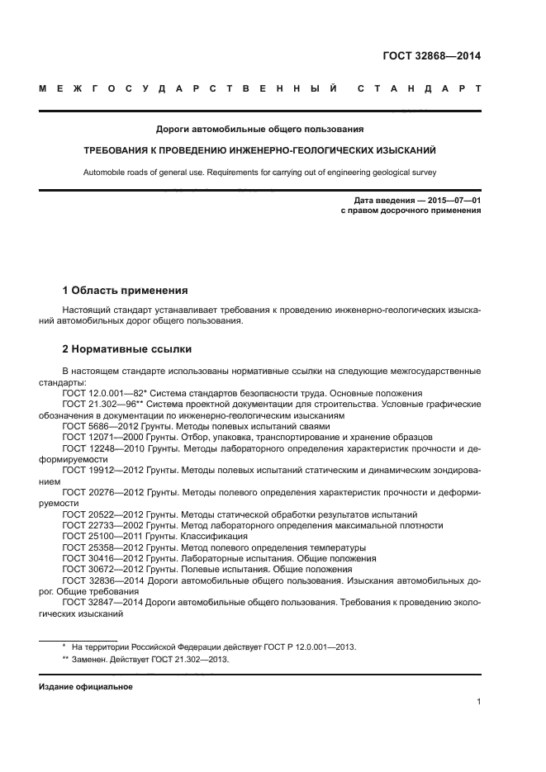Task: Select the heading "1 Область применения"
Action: (x=125, y=291)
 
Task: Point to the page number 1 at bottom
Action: (x=479, y=703)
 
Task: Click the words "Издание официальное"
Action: (x=85, y=687)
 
